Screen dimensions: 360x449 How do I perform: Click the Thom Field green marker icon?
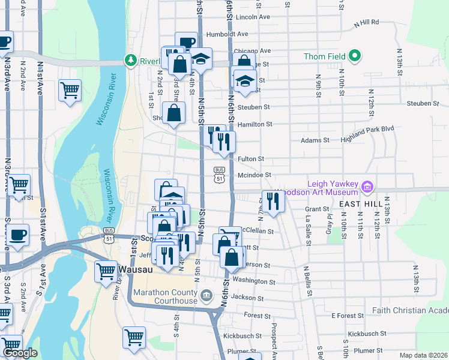[x=355, y=56]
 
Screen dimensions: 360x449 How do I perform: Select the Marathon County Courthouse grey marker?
[x=207, y=295]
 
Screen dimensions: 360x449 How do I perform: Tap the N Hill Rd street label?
[x=367, y=22]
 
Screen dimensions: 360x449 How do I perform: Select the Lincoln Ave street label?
[x=253, y=17]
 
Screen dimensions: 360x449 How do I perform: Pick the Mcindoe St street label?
[x=255, y=175]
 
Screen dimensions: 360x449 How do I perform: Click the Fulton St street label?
[x=251, y=159]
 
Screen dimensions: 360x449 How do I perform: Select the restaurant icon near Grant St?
[x=274, y=201]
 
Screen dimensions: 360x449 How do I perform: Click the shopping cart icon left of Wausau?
[x=106, y=270]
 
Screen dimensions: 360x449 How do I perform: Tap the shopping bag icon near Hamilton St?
[x=173, y=113]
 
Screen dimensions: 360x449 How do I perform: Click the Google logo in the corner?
[x=20, y=353]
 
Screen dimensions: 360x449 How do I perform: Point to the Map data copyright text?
[x=424, y=355]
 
